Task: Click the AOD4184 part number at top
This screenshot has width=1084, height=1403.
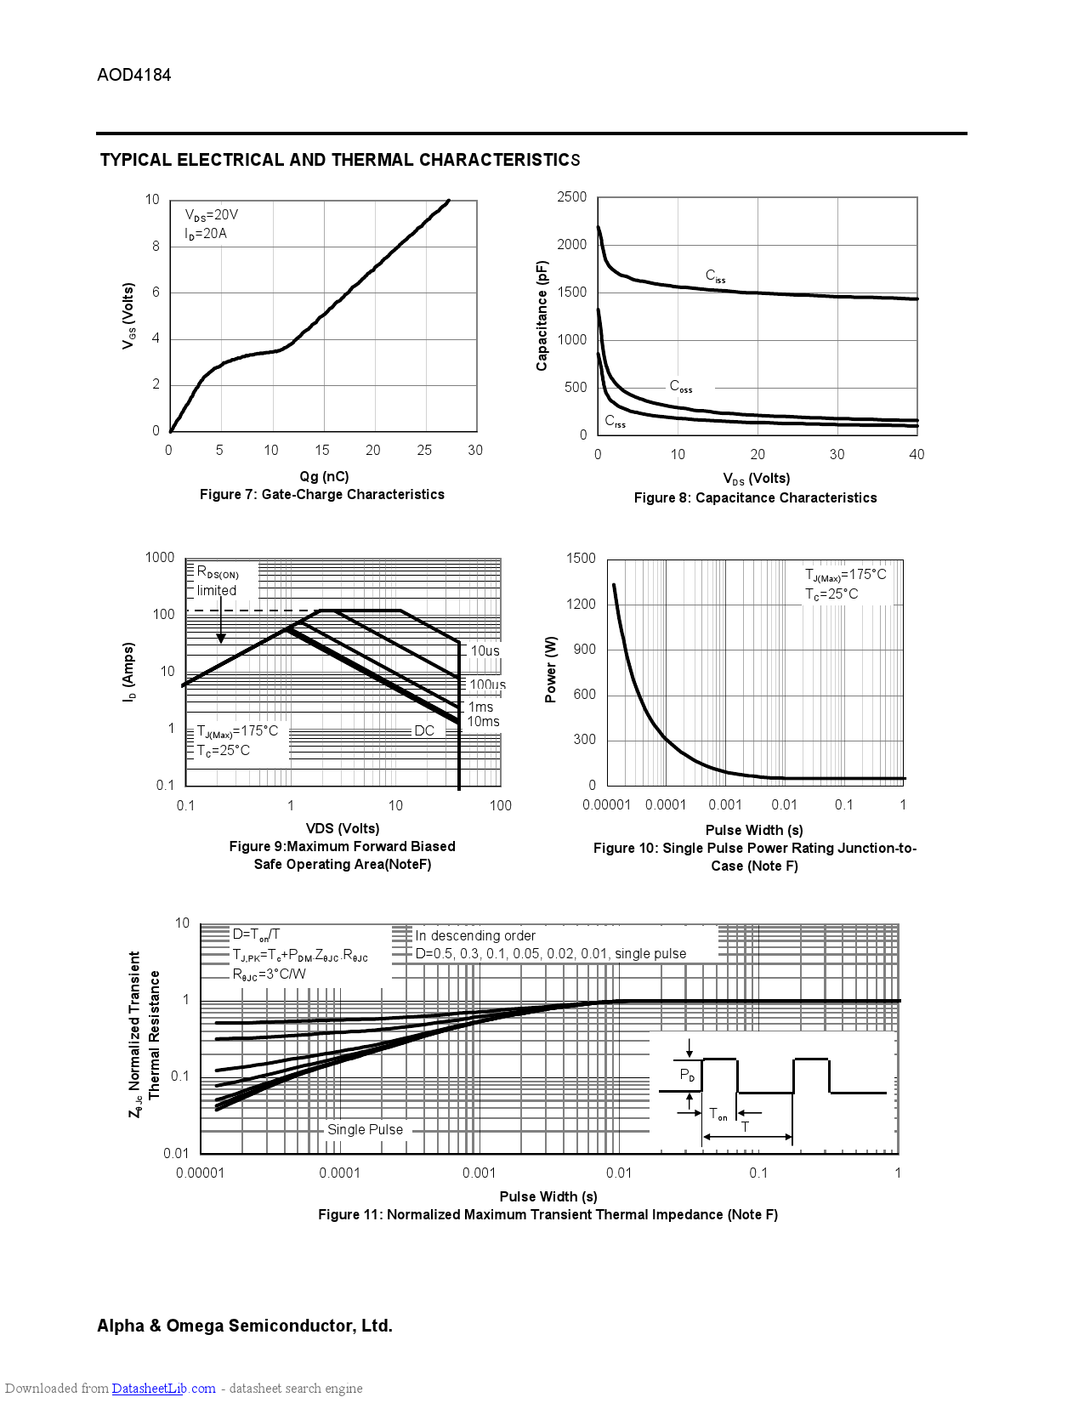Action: pyautogui.click(x=133, y=75)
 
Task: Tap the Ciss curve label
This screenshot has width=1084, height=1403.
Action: pyautogui.click(x=715, y=276)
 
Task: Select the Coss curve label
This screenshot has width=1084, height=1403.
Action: pyautogui.click(x=680, y=387)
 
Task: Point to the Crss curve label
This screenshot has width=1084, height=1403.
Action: pyautogui.click(x=615, y=422)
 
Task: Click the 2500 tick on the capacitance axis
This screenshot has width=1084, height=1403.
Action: pyautogui.click(x=571, y=197)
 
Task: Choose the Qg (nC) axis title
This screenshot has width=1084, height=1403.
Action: pyautogui.click(x=324, y=476)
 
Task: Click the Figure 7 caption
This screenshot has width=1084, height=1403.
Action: pyautogui.click(x=321, y=495)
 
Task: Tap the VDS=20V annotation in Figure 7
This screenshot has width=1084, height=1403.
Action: pyautogui.click(x=212, y=216)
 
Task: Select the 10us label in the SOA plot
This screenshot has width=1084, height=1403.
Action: pyautogui.click(x=485, y=651)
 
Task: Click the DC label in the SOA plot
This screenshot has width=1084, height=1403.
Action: pyautogui.click(x=424, y=731)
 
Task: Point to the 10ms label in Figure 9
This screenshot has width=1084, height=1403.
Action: pyautogui.click(x=483, y=722)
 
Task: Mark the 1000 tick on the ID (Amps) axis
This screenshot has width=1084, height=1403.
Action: pyautogui.click(x=160, y=558)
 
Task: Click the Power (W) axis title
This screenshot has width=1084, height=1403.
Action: pyautogui.click(x=551, y=669)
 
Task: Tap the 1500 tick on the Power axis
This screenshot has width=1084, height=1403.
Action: pyautogui.click(x=581, y=559)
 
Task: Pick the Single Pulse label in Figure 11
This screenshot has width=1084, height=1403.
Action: pyautogui.click(x=365, y=1130)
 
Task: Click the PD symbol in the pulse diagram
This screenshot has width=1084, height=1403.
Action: pyautogui.click(x=687, y=1076)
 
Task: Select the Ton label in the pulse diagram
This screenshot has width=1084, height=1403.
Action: pyautogui.click(x=718, y=1114)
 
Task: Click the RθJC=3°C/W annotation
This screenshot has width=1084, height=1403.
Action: pyautogui.click(x=269, y=974)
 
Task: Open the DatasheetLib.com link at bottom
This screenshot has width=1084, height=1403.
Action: pyautogui.click(x=163, y=1389)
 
